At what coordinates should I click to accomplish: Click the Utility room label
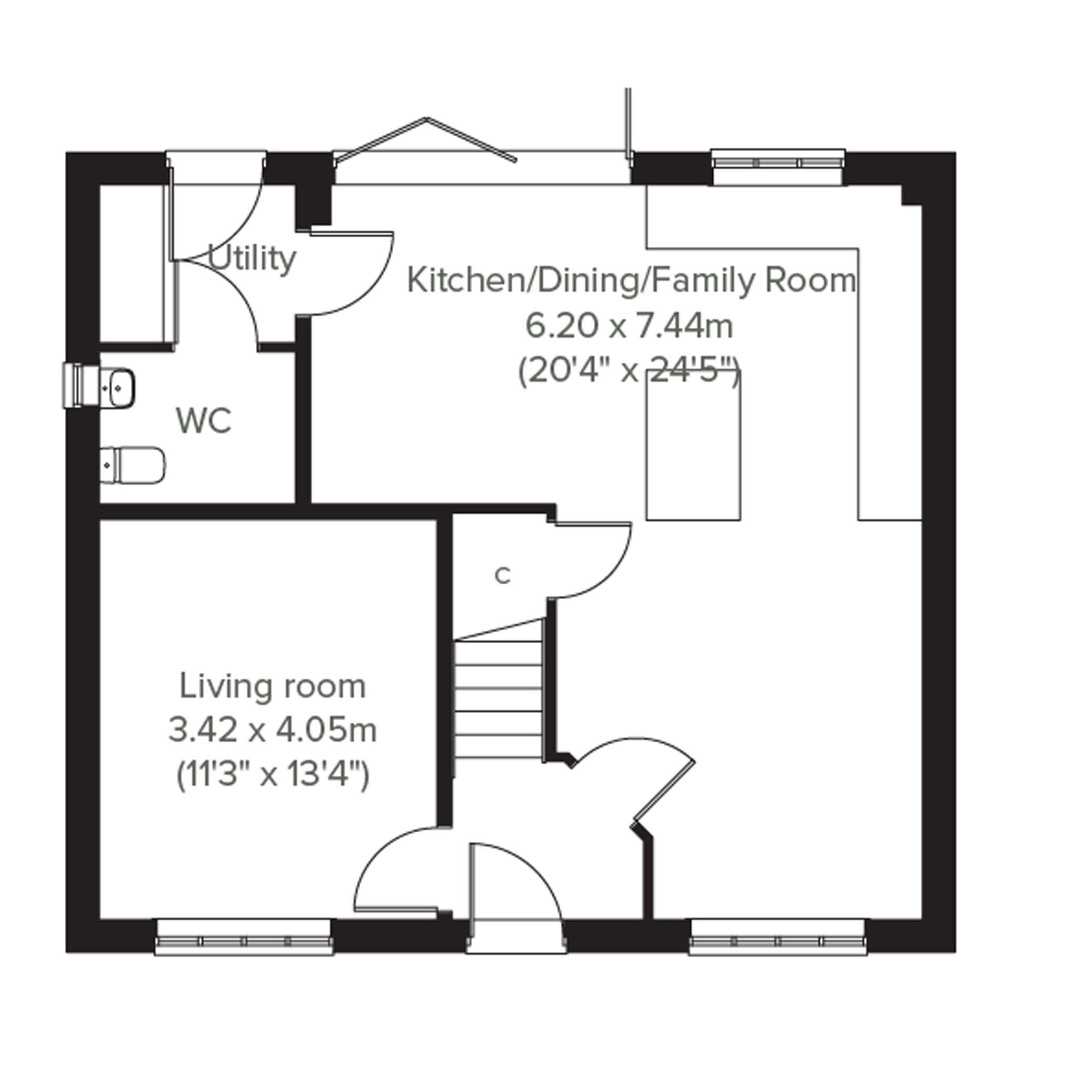coord(252,260)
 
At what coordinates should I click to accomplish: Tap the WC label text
coord(204,421)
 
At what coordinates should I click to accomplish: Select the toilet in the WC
coord(133,465)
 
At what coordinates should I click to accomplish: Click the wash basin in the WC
coord(117,387)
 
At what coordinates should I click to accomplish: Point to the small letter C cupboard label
coord(502,575)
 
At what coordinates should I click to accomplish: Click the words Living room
coord(273,687)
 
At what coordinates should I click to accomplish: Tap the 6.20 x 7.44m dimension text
coord(629,326)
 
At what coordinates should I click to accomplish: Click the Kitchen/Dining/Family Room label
coord(631,281)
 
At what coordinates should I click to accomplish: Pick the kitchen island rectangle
coord(693,445)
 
